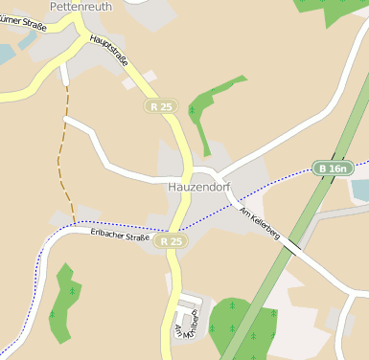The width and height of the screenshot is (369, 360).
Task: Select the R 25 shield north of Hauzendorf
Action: pos(161,107)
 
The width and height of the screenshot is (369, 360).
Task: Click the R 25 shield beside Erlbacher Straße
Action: pos(172,242)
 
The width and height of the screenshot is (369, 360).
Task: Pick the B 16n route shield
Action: pos(334,169)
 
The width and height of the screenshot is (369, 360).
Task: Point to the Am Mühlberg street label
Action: pos(186,326)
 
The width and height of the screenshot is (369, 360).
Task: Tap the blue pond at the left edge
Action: pos(6,53)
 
